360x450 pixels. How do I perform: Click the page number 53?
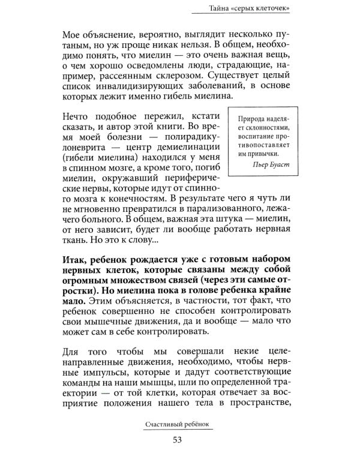point(179,439)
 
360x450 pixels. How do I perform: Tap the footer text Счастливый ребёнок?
point(179,423)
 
